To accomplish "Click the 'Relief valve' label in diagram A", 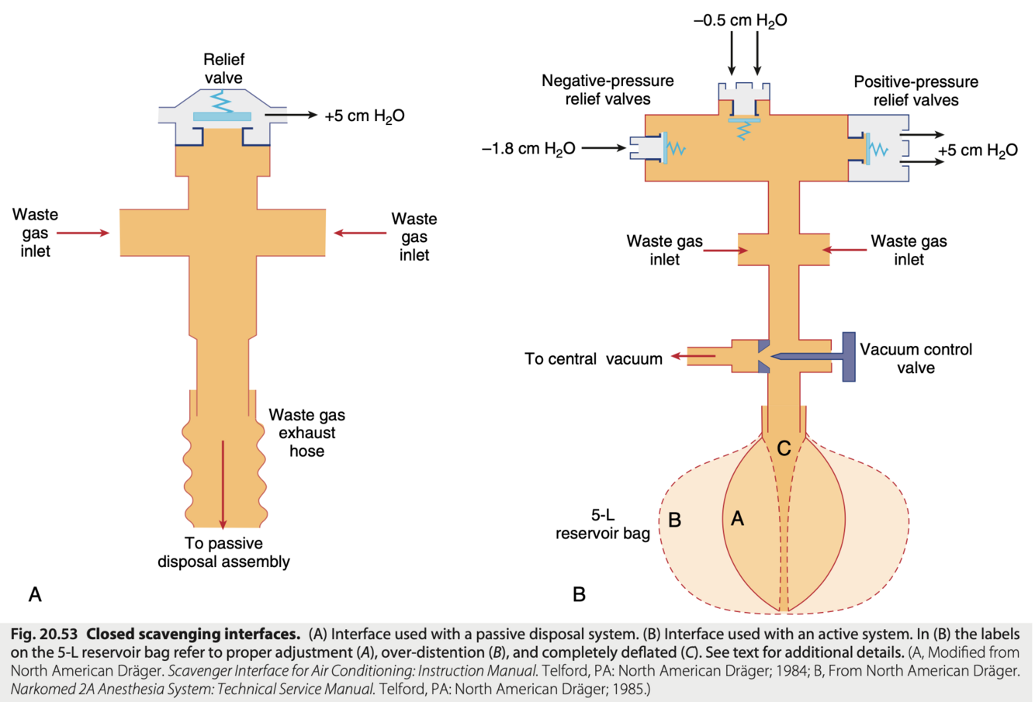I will (223, 69).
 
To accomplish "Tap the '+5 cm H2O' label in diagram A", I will (364, 116).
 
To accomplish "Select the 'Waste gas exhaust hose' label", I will (306, 433).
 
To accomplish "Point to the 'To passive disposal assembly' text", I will (223, 552).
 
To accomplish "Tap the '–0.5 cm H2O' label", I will (740, 21).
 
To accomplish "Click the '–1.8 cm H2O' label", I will (529, 149).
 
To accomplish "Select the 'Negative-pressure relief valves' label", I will (607, 90).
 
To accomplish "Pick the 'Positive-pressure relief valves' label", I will (916, 91).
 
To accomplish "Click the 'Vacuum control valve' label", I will (916, 358).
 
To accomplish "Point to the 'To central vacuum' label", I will (594, 359).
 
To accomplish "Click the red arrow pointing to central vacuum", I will (693, 356).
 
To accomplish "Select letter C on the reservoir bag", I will (784, 448).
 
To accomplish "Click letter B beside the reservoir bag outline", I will (675, 520).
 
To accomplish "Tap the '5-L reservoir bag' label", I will (603, 524).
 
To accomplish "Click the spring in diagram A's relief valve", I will (223, 103).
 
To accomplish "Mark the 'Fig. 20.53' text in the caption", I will (43, 633).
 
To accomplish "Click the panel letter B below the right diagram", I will (579, 594).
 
